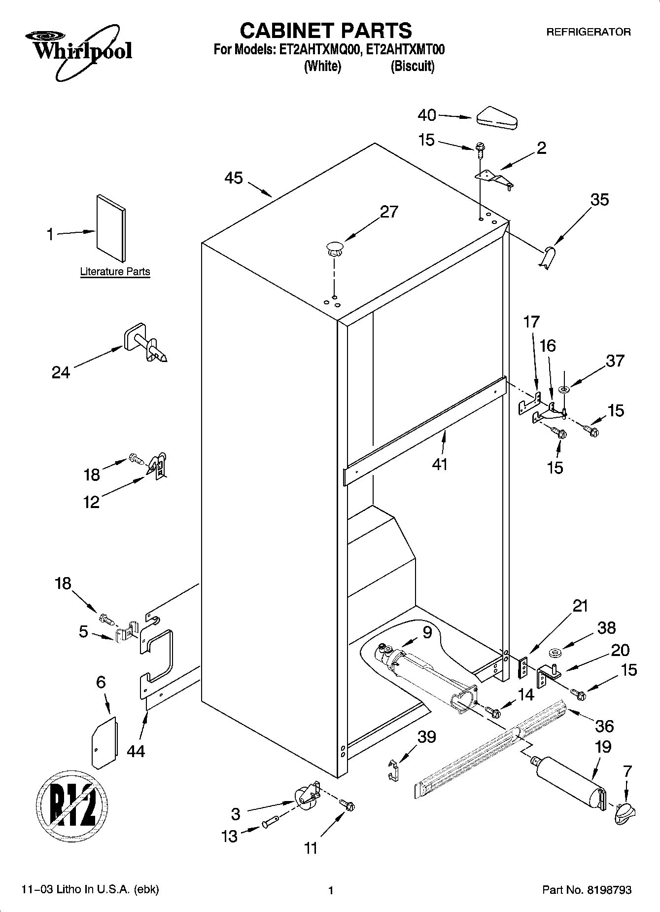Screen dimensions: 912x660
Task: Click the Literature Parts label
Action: coord(115,272)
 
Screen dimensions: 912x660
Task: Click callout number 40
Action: coord(427,115)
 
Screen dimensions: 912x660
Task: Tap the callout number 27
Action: coord(388,212)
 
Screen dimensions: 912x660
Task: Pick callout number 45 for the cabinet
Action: coord(234,178)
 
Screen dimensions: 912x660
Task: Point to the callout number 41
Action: coord(440,464)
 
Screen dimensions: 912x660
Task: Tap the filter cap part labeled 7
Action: coord(625,812)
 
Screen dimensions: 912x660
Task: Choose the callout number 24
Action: coord(61,372)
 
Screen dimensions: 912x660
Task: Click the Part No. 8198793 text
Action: coord(587,890)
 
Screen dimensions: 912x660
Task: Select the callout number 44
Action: coord(136,751)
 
